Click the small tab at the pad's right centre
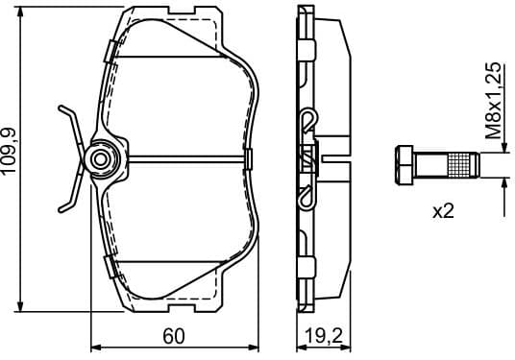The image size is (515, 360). [x=249, y=157]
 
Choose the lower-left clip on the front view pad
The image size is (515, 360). [x=113, y=266]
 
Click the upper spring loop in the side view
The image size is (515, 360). [x=307, y=120]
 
